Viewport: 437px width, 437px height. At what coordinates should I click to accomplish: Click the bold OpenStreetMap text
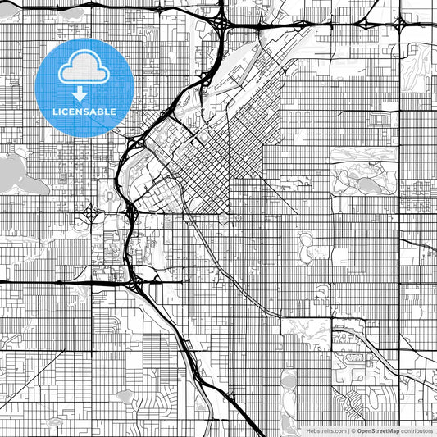tap(378, 430)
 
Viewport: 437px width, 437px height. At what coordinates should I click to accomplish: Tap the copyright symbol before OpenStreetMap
tap(353, 430)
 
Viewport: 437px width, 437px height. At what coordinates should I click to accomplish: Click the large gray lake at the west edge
tap(10, 171)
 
